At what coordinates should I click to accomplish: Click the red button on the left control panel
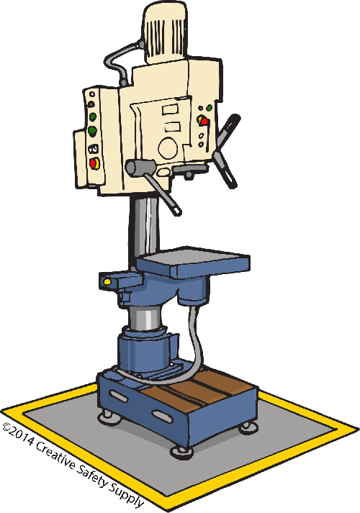point(94,163)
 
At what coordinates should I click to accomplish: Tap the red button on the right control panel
point(204,122)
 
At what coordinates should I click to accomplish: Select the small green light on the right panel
point(209,107)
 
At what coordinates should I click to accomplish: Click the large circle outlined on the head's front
point(168,148)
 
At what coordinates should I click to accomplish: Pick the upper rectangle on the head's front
point(171,109)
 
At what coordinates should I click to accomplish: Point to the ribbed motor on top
point(166,32)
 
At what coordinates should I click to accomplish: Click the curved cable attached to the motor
point(120,61)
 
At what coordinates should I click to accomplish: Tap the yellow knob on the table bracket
point(107,281)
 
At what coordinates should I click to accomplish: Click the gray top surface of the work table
point(194,257)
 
